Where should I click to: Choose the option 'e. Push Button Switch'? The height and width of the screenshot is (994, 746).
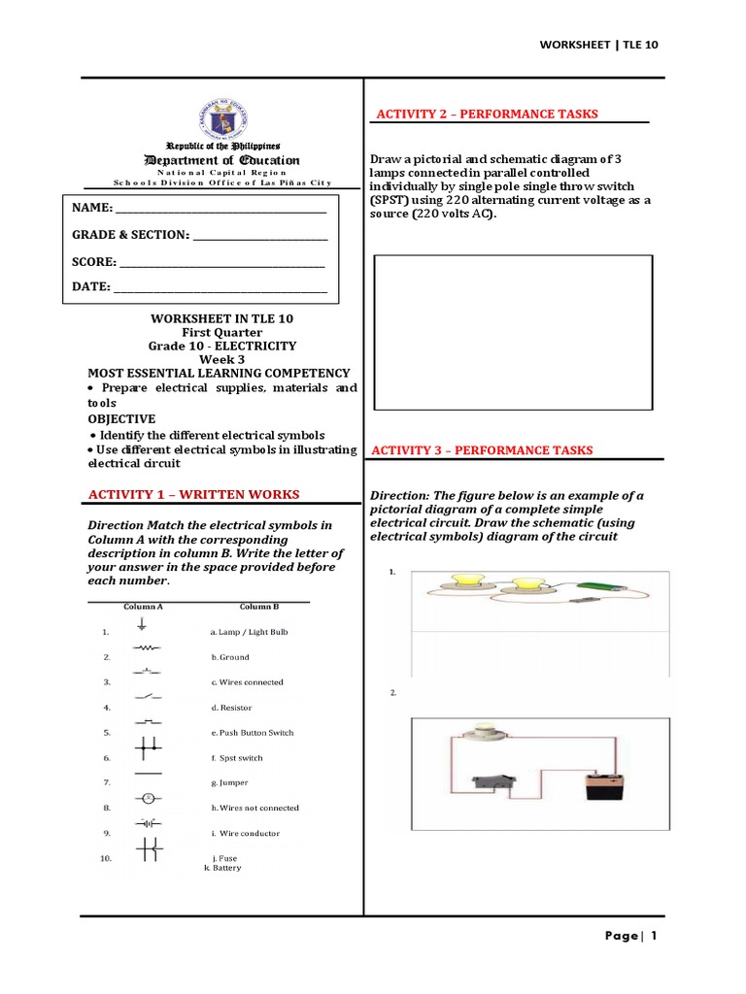coord(252,733)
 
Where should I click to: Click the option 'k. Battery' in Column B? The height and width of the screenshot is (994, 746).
coord(222,868)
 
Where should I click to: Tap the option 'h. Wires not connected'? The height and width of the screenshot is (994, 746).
coord(254,808)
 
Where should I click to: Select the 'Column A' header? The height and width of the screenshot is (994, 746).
coord(143,607)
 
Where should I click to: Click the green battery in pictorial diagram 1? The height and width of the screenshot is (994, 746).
coord(597,586)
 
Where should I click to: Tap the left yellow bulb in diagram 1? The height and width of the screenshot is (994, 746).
coord(458,581)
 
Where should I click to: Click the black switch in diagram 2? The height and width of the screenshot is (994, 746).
coord(488,783)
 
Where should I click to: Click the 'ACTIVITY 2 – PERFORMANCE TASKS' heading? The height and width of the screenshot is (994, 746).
coord(487,115)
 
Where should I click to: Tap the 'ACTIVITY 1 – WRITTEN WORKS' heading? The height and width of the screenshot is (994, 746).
coord(193,495)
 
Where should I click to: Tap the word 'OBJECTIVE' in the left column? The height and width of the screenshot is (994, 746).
coord(121,418)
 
